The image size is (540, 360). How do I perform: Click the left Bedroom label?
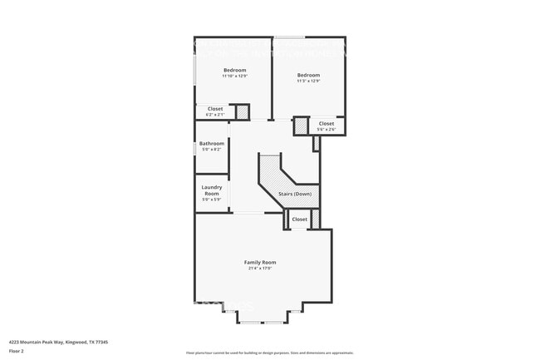point(234,70)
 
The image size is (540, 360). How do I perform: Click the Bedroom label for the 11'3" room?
point(308,75)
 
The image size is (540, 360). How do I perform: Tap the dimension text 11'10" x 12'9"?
point(234,76)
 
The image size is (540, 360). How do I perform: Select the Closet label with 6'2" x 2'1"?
point(214,109)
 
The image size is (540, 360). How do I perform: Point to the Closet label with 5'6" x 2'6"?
point(326,124)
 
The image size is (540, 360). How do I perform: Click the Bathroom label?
point(211,143)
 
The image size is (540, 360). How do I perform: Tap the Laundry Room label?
point(211,190)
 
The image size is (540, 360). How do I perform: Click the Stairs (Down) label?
point(294,194)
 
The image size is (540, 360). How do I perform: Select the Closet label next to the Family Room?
point(299,219)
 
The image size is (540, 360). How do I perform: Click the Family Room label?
point(259,262)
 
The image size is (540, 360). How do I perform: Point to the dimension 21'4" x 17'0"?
point(259,269)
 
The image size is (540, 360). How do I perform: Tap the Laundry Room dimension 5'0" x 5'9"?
point(211,200)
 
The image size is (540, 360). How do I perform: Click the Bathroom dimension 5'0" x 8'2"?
point(211,150)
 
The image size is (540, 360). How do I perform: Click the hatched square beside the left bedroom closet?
point(243,111)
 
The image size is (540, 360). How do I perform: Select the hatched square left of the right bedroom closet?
point(301,126)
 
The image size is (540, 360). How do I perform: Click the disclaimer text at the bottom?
point(269,353)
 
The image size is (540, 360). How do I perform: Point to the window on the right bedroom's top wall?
point(289,37)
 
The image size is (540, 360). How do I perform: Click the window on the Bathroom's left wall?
point(195,148)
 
